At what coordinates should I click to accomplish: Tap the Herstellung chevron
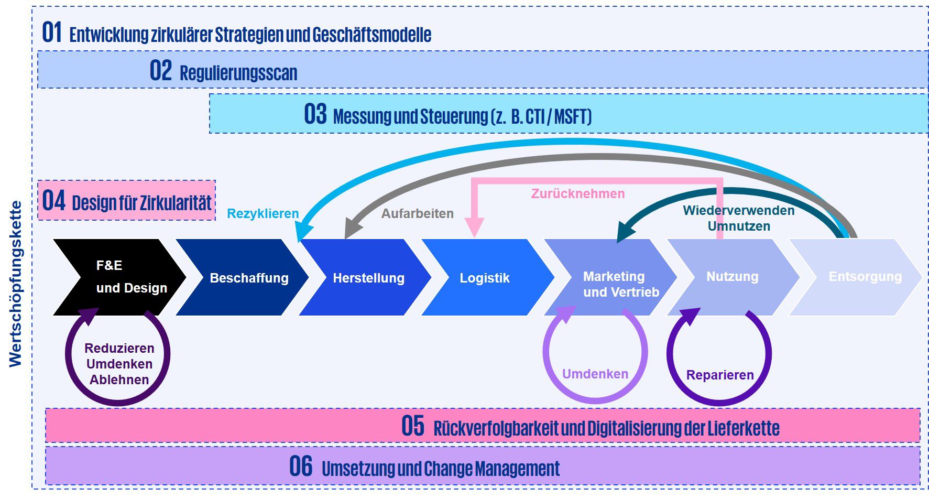[x=367, y=278]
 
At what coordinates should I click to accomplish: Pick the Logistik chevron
[x=486, y=278]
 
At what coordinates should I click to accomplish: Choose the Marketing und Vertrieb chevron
[x=613, y=283]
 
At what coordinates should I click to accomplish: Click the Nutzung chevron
[x=733, y=277]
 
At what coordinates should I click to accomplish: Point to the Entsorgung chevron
[x=859, y=277]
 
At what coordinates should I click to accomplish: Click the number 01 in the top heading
[x=52, y=32]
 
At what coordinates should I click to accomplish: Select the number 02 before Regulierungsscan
[x=160, y=71]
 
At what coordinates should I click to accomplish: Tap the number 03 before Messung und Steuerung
[x=315, y=114]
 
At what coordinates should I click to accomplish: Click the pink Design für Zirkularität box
[x=127, y=201]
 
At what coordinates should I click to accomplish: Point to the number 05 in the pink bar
[x=412, y=426]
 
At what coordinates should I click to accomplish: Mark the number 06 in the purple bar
[x=301, y=467]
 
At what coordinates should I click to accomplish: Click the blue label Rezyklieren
[x=263, y=214]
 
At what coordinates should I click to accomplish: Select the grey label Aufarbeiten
[x=417, y=214]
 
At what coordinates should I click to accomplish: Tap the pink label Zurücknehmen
[x=577, y=194]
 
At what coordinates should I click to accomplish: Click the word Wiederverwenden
[x=738, y=211]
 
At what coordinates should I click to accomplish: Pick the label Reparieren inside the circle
[x=719, y=375]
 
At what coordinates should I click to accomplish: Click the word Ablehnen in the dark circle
[x=119, y=380]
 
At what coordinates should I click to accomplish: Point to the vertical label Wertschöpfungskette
[x=16, y=284]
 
